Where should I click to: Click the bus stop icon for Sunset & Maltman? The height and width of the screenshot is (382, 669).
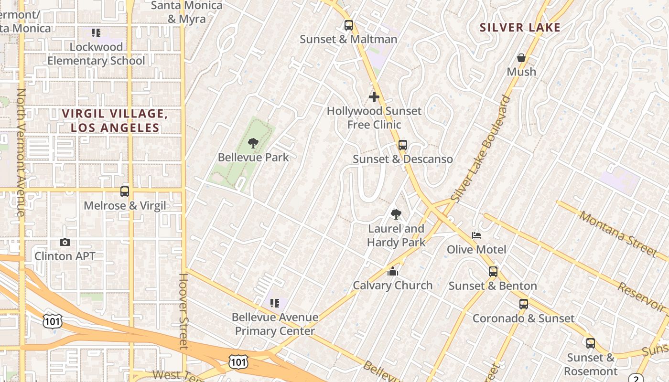point(349,25)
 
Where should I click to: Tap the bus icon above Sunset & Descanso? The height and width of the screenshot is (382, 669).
point(403,145)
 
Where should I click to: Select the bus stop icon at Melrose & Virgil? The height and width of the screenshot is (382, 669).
point(125,191)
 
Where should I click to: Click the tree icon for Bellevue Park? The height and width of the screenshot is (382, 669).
point(253,143)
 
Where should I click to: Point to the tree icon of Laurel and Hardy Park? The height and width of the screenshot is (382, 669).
point(396,214)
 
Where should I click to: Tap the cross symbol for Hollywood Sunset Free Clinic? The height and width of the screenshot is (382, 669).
point(374,97)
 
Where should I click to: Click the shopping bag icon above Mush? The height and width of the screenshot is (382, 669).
point(521,58)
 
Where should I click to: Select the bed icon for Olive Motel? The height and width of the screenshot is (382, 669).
point(476,235)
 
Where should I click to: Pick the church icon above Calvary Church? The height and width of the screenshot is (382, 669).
point(393,272)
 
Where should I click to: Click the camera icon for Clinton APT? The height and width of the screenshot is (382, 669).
point(65,243)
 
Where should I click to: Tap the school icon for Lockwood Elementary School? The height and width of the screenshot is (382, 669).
point(96,33)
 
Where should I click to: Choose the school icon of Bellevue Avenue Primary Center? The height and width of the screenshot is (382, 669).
point(275,303)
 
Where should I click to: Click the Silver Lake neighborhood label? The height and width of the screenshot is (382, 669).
point(520,28)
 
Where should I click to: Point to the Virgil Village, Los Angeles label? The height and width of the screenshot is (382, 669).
point(115,121)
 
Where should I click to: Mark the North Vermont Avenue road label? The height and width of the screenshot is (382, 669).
point(21,152)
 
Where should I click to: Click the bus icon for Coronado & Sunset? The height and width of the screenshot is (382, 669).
point(524,304)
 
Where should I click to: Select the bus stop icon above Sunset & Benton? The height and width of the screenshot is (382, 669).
point(493,272)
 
